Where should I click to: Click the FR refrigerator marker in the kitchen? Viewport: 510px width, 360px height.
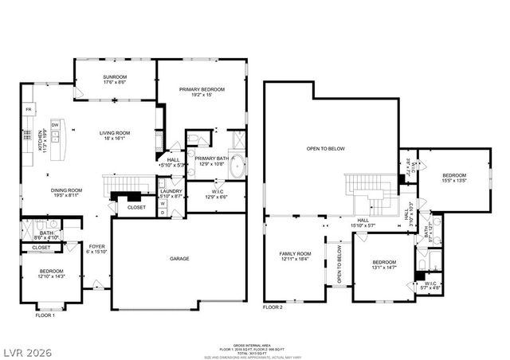[29, 109]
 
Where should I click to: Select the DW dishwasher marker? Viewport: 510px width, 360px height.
[55, 125]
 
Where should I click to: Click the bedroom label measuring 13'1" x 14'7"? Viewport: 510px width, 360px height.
[383, 264]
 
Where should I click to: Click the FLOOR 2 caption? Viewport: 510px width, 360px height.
[273, 307]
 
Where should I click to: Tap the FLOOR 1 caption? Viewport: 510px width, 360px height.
[45, 315]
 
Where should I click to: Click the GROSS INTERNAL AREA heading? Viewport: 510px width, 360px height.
[254, 344]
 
